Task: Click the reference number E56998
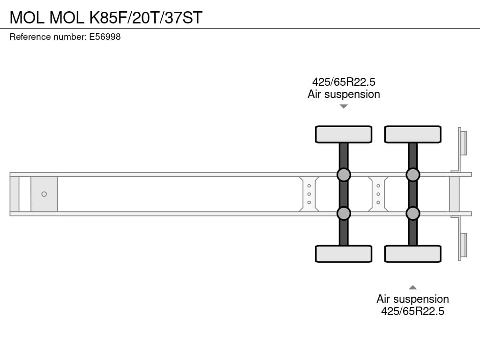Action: [105, 37]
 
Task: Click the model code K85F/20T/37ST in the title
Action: [146, 17]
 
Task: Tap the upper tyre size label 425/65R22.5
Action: [344, 82]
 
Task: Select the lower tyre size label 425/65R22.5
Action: [412, 311]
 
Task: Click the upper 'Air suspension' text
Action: [344, 94]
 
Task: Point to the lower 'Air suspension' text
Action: [412, 299]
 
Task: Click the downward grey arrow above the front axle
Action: [344, 106]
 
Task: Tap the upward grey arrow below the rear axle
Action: [412, 287]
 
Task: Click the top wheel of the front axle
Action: [344, 135]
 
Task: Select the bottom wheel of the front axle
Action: [344, 254]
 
